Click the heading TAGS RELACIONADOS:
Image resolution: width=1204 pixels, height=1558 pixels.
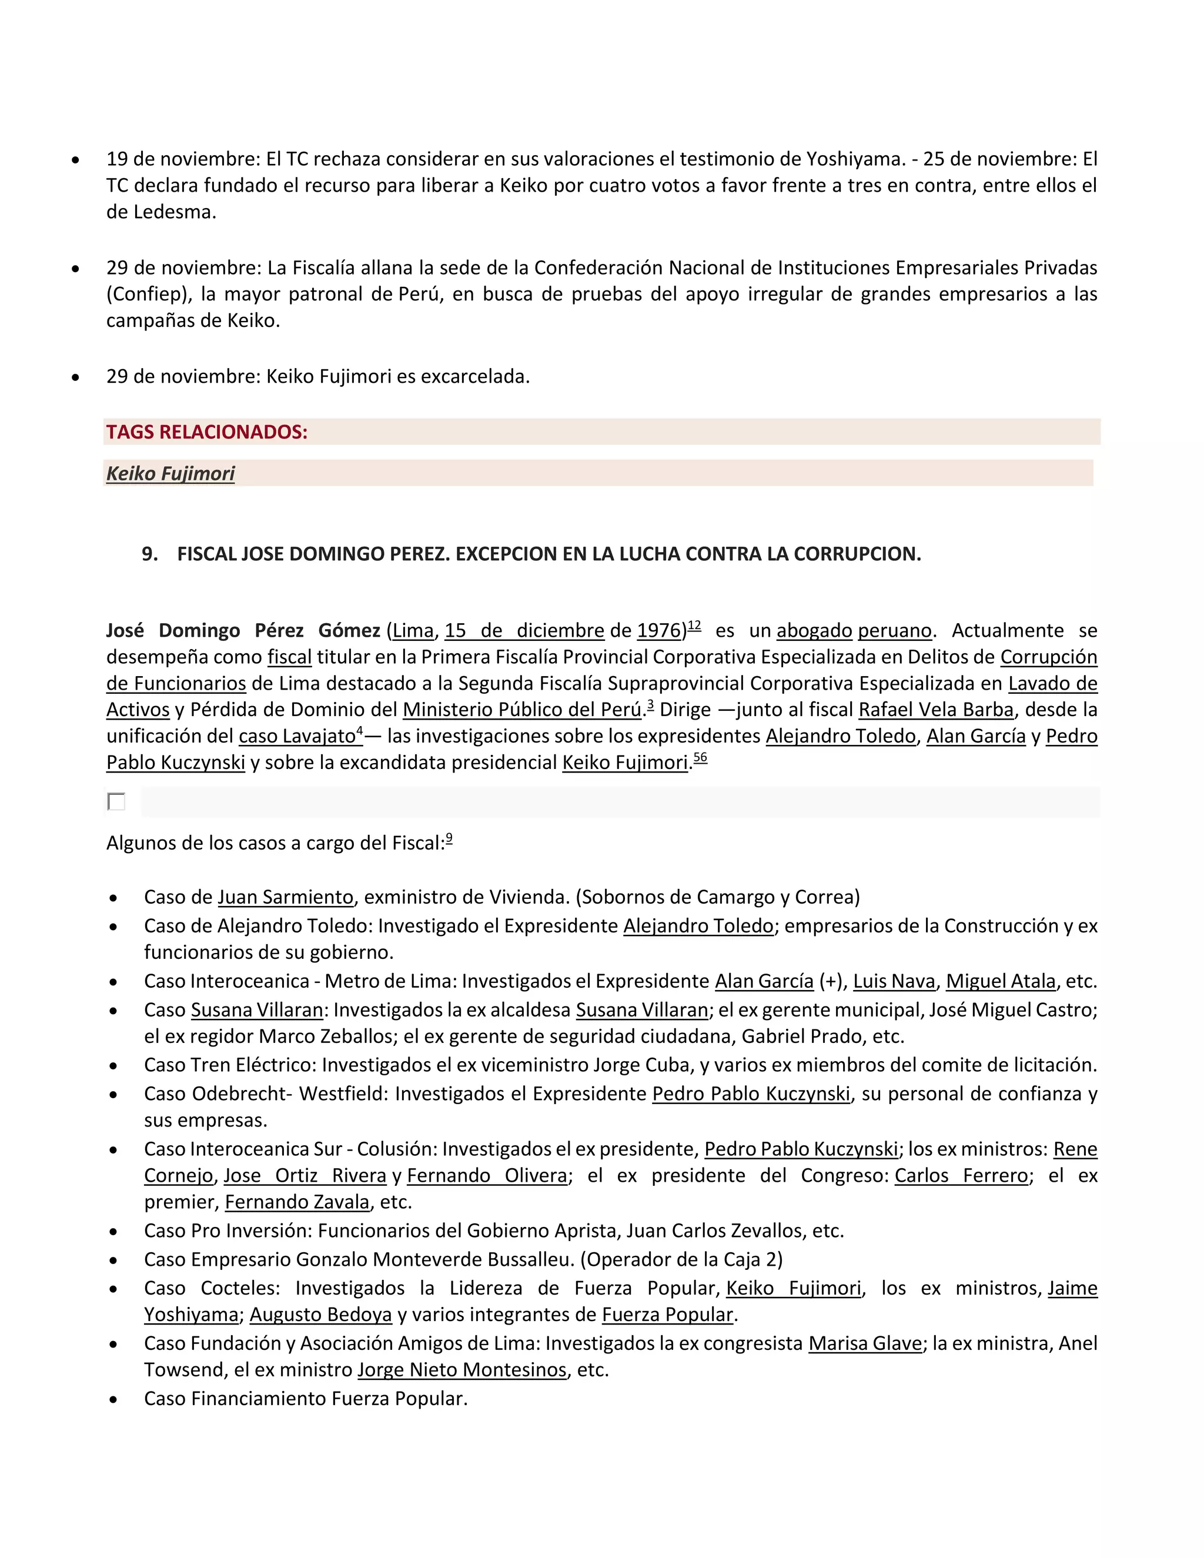207,432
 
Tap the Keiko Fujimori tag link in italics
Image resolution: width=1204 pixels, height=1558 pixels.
170,474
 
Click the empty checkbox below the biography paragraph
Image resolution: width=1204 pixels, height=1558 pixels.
116,801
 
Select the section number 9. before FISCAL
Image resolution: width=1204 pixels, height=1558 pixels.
150,554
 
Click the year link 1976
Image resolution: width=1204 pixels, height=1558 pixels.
659,631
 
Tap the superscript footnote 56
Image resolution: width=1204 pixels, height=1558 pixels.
700,758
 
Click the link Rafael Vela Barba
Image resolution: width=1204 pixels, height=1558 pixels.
936,710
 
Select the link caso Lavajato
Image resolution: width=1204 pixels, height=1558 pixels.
297,736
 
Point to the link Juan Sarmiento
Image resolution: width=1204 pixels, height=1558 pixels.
285,897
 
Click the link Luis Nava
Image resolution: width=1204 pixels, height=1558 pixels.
894,982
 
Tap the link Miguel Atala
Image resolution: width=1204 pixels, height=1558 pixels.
1001,982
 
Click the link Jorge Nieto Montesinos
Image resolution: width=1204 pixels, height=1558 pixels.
462,1370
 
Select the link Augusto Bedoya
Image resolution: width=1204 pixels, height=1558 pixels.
321,1315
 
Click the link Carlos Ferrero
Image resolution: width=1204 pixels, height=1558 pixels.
961,1176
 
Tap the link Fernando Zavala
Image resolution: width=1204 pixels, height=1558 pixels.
297,1202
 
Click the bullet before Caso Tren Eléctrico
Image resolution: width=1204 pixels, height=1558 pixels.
113,1066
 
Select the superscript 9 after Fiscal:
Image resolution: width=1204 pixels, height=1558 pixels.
449,839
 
